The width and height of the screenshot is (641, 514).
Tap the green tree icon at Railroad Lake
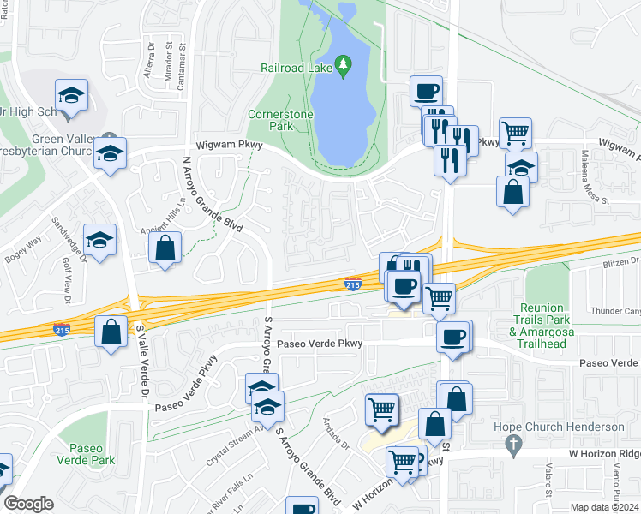[x=343, y=64]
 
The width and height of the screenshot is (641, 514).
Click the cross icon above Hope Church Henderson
[x=513, y=444]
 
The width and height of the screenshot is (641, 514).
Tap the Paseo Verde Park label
[x=91, y=453]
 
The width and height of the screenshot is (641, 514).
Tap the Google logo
[x=28, y=503]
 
